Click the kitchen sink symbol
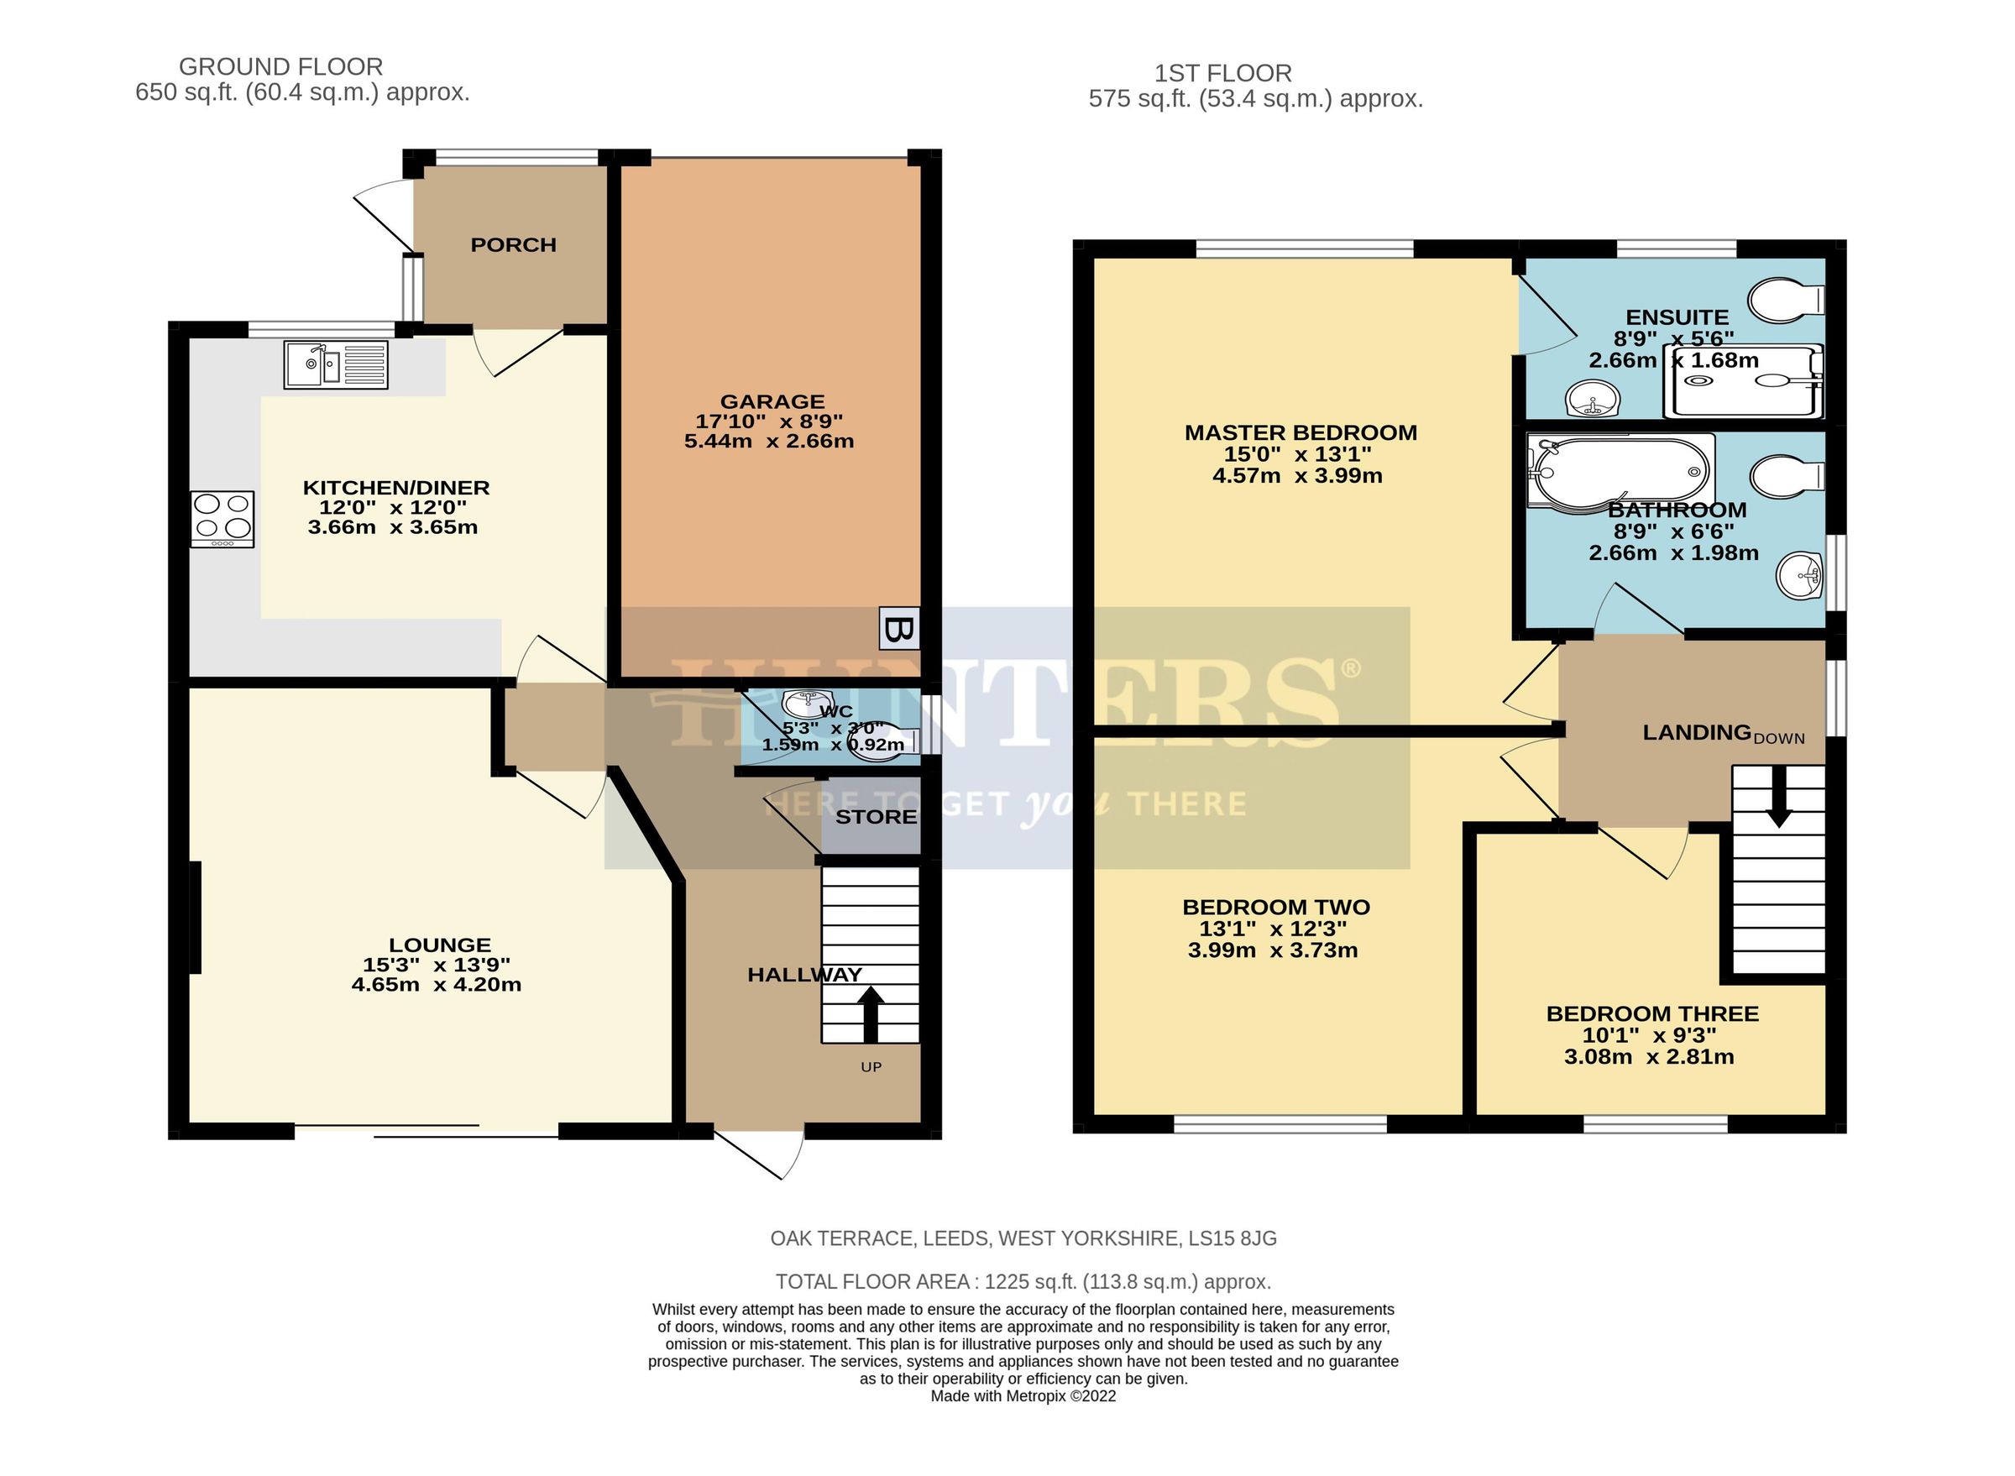coord(335,364)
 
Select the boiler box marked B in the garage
coord(898,628)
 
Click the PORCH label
coord(513,245)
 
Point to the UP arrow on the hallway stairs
coord(871,1013)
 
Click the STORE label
coord(876,817)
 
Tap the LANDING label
coord(1696,733)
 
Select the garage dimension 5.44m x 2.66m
coord(768,442)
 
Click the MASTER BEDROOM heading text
coord(1301,432)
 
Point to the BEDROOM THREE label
coord(1651,1014)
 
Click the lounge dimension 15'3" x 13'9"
coord(436,965)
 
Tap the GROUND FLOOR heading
coord(280,67)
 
